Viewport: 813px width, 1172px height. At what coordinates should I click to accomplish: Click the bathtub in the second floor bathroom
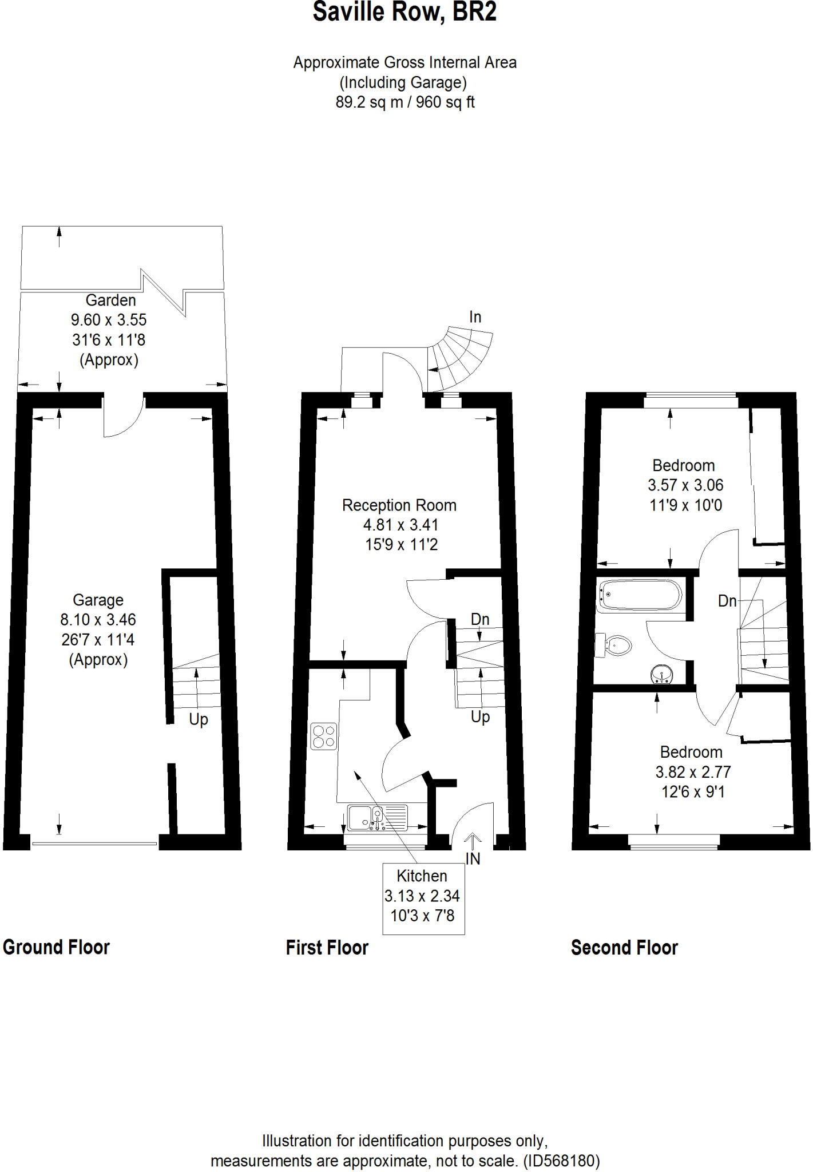click(x=640, y=595)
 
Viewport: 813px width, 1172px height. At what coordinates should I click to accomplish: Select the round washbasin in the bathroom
click(x=661, y=675)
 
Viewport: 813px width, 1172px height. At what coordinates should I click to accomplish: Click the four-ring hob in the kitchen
click(x=323, y=737)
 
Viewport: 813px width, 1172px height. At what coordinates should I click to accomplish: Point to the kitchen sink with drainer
click(x=377, y=818)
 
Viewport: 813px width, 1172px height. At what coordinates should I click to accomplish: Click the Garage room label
click(x=98, y=600)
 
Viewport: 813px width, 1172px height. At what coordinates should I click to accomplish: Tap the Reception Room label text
click(x=399, y=505)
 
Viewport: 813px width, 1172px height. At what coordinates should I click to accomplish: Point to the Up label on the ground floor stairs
click(x=199, y=719)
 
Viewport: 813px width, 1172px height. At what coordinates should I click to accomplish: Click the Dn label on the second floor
click(x=727, y=601)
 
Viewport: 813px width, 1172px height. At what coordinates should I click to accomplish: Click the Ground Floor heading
click(x=56, y=947)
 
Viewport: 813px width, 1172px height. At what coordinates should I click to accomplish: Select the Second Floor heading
click(x=624, y=948)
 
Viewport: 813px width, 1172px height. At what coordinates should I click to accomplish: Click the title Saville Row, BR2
click(x=404, y=13)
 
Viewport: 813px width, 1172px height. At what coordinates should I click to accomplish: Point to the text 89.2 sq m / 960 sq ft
click(x=404, y=102)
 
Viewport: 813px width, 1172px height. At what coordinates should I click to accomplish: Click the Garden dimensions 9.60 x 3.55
click(x=109, y=320)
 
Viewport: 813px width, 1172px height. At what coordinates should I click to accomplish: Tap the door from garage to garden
click(x=122, y=415)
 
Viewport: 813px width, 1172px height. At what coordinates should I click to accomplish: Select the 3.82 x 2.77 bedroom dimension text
click(x=693, y=772)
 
